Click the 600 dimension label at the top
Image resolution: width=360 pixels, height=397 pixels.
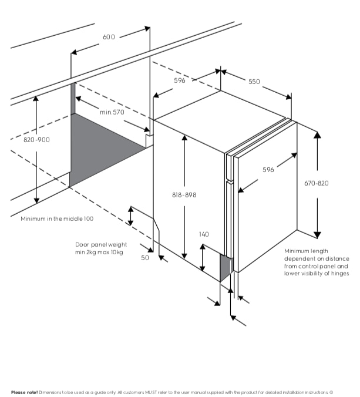109,37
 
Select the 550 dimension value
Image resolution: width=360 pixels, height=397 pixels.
254,82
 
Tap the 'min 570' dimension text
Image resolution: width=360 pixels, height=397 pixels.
112,112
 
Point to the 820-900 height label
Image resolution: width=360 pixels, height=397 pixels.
36,140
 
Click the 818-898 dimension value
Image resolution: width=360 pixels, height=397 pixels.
184,194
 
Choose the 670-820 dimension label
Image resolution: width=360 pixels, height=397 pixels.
317,183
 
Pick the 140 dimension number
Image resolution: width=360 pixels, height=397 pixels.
203,234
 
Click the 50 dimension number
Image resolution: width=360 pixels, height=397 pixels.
145,257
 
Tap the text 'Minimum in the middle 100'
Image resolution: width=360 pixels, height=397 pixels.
57,218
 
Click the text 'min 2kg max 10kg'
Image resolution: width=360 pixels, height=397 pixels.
99,252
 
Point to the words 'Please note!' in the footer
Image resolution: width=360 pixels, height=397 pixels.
24,392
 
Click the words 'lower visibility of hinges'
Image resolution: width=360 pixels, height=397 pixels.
316,273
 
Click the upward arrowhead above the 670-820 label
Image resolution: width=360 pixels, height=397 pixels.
317,134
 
